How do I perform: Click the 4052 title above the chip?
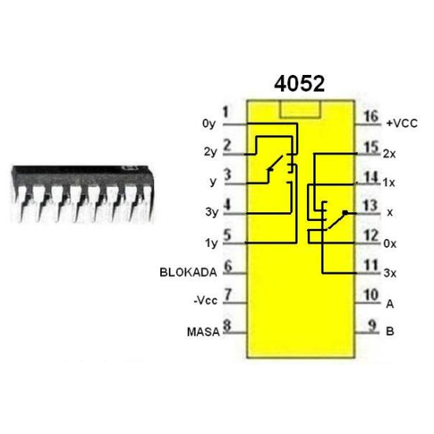tap(299, 84)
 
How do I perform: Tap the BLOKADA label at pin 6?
tap(188, 272)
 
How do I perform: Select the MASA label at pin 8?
tap(203, 331)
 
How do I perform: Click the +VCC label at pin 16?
tap(401, 124)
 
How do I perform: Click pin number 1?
tap(226, 113)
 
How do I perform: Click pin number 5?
tap(227, 234)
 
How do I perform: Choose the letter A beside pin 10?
tap(389, 302)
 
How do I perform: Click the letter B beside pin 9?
tap(389, 331)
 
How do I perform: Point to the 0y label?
tap(208, 124)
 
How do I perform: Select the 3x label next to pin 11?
tap(389, 273)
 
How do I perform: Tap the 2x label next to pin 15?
tap(389, 153)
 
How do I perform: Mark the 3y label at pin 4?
tap(208, 213)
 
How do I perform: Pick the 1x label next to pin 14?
tap(389, 183)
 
